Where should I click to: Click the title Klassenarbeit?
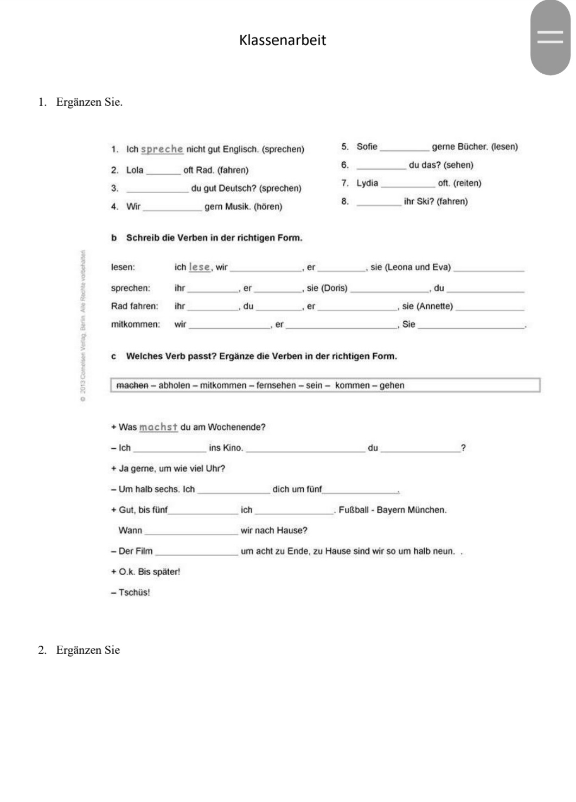[283, 40]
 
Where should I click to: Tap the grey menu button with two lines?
[550, 37]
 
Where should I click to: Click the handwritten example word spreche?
[162, 149]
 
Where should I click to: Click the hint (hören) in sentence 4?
[268, 207]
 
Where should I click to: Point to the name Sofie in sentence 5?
[367, 147]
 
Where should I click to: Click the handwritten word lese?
[199, 267]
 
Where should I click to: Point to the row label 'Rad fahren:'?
[135, 306]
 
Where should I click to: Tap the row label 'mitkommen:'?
[136, 324]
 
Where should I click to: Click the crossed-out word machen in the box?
[132, 385]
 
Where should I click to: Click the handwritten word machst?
[158, 427]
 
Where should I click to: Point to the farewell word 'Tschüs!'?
[134, 593]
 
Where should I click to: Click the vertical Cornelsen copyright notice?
[83, 326]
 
